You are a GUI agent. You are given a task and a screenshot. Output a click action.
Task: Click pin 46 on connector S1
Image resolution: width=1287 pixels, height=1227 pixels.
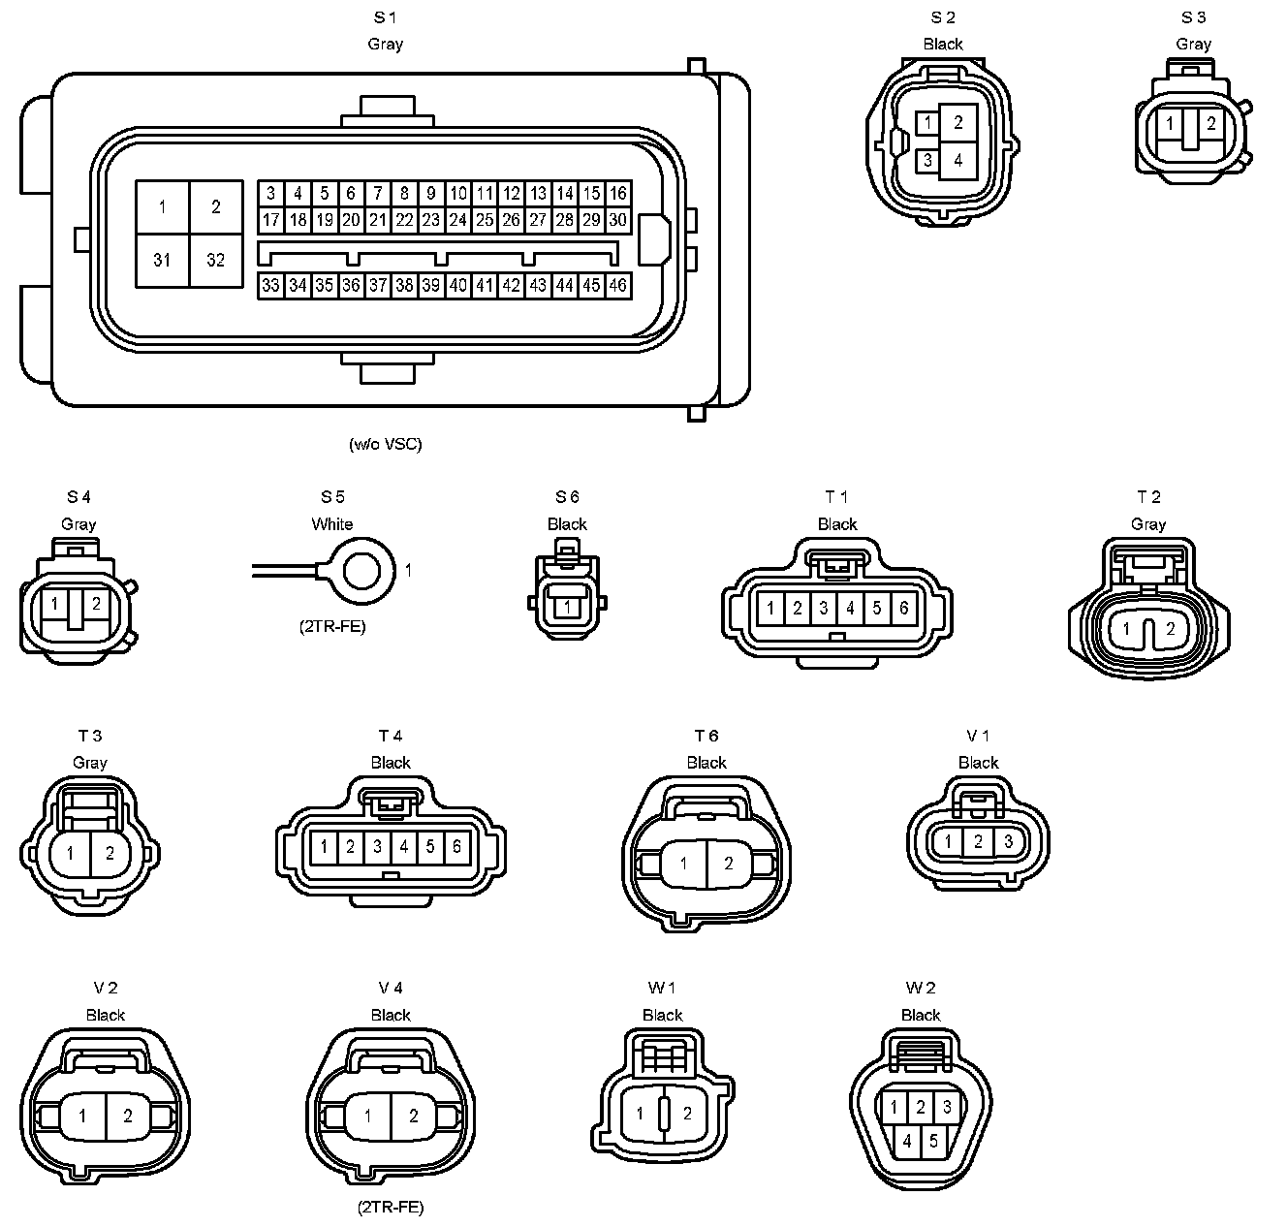coord(617,286)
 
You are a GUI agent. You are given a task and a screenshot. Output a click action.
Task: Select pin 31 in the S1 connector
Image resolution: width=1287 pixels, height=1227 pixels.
coord(162,260)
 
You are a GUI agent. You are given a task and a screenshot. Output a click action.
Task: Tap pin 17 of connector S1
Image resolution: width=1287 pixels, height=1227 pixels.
coord(271,220)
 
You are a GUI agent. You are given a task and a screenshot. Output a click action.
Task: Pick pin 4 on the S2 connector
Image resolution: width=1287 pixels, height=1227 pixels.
coord(958,160)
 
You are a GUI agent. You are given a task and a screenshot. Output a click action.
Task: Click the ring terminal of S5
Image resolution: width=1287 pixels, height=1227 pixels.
coord(362,571)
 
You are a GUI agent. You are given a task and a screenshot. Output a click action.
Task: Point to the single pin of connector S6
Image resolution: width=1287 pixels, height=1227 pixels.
coord(568,608)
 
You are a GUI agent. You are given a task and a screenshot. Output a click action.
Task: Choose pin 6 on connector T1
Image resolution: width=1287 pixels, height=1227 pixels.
coord(903,608)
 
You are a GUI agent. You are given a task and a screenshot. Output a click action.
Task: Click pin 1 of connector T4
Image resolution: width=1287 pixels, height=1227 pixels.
coord(324,847)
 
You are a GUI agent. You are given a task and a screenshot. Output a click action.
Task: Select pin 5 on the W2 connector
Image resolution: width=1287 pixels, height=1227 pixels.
coord(933,1141)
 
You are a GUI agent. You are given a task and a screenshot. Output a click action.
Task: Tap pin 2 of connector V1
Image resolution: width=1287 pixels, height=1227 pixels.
coord(978,841)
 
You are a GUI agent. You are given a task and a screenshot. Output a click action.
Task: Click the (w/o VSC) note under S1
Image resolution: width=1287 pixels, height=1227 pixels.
coord(386,445)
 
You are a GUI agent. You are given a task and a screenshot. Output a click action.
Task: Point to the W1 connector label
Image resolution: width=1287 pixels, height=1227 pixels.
coord(662,988)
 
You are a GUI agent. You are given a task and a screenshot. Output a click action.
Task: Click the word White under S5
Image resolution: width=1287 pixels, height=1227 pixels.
coord(332,524)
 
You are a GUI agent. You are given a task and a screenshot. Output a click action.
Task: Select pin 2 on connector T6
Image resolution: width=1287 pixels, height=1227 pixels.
coord(729,864)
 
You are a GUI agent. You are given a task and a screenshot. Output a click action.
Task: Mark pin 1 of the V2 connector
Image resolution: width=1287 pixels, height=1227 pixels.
coord(82,1116)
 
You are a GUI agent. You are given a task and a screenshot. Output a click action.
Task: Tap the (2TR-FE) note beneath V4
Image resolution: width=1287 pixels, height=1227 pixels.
coord(391,1208)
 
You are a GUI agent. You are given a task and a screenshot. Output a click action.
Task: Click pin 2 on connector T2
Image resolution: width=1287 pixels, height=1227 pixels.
coord(1171,629)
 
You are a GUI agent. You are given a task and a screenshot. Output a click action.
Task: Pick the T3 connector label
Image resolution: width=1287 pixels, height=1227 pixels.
coord(90,737)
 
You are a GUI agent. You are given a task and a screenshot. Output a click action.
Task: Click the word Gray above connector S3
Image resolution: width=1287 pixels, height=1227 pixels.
coord(1194,45)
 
